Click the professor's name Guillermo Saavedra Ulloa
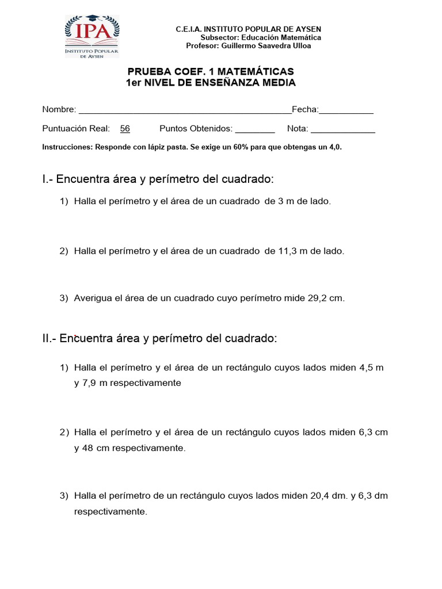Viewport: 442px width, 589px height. click(x=266, y=46)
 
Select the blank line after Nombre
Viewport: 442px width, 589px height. click(x=185, y=109)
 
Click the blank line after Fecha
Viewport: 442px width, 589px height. click(x=346, y=109)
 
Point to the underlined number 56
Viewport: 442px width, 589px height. click(x=125, y=129)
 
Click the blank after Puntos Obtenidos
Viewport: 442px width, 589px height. click(x=255, y=129)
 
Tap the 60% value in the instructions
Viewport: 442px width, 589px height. click(x=242, y=147)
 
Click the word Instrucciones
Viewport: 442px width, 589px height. click(x=67, y=147)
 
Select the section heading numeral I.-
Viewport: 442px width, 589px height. click(x=48, y=179)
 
